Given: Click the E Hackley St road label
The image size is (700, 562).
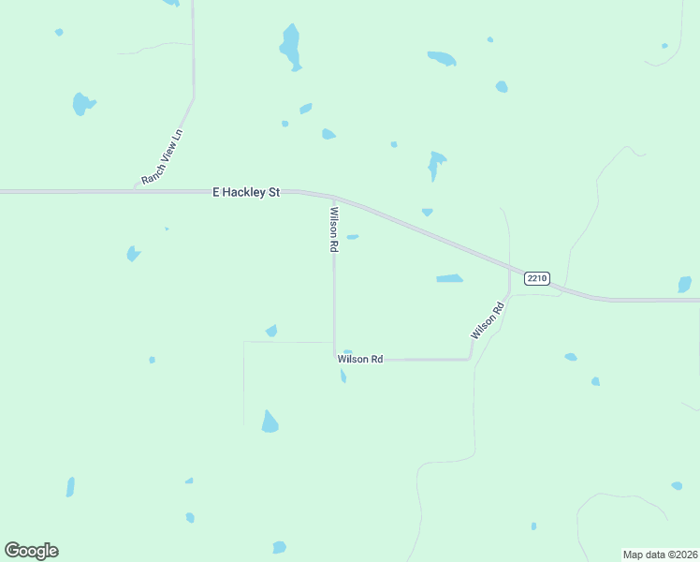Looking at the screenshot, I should [246, 192].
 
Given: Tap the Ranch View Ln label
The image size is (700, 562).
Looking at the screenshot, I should [162, 156].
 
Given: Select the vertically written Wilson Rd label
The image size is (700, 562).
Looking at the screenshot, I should [333, 229].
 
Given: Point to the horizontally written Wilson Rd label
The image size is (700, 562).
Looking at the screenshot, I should [360, 359].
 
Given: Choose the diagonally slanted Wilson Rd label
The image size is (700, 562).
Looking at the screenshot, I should [487, 319].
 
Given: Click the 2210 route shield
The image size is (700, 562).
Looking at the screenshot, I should [536, 278].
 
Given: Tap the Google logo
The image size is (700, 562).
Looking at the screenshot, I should [31, 551].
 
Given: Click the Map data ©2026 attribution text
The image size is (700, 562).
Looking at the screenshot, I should [660, 555].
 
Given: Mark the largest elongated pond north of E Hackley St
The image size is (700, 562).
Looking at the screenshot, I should [291, 47].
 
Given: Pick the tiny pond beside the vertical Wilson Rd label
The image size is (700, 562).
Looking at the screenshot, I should [353, 237].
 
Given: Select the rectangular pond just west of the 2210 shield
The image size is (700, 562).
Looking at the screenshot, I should [449, 278].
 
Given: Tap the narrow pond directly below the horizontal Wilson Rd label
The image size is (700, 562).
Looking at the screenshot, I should [343, 376].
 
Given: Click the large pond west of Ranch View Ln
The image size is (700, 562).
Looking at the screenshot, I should [82, 103].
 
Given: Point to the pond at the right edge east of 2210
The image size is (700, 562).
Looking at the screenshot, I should [684, 284].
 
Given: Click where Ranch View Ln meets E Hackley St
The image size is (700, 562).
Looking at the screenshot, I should [136, 190].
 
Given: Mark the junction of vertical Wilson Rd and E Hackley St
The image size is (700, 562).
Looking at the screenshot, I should [334, 199].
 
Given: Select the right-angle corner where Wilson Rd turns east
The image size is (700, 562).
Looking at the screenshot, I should [335, 358].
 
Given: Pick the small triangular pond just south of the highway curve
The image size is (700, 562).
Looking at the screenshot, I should [427, 213].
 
